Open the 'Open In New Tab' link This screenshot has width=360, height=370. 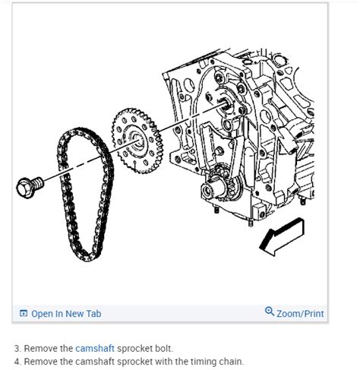coord(65,313)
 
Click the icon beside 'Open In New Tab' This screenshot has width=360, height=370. coord(24,313)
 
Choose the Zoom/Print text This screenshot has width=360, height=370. coord(300,313)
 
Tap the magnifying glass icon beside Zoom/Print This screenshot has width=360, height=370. coord(269,312)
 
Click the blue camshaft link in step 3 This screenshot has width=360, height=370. coord(95,348)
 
